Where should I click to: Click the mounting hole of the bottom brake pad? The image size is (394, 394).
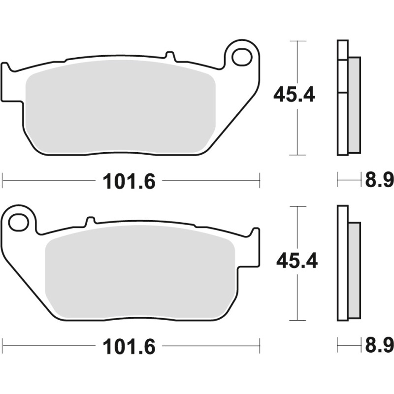pos(19,222)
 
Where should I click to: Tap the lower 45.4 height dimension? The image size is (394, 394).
pos(297,260)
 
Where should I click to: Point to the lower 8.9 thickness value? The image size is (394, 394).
pos(379,346)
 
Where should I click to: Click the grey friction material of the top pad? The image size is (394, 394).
pos(121,106)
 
